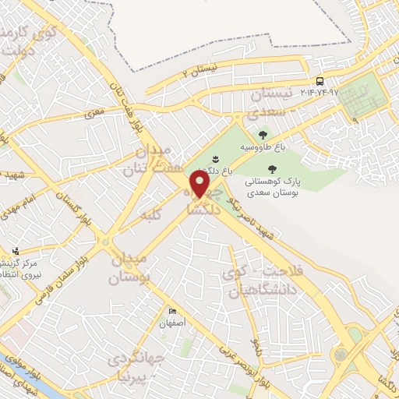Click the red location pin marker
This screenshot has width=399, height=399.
click(x=200, y=185)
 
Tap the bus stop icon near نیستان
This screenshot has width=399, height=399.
click(x=320, y=81)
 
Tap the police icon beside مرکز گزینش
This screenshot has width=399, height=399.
click(x=16, y=252)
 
